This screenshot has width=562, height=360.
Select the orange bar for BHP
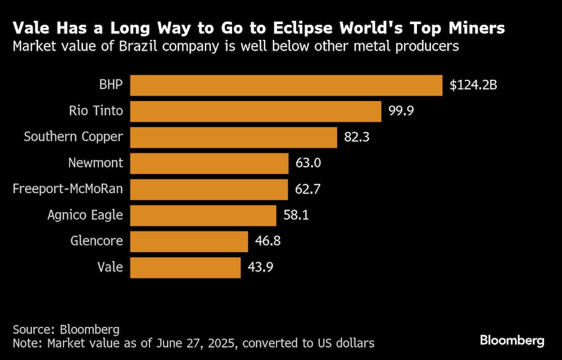287,85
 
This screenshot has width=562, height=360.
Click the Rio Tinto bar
256,111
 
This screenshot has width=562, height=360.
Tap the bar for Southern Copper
234,137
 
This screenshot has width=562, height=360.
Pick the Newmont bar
209,163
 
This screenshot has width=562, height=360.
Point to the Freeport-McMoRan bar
209,189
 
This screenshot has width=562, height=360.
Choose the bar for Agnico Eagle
203,215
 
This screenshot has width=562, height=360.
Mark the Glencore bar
189,241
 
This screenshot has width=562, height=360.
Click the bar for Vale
185,267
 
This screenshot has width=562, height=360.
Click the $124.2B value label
473,86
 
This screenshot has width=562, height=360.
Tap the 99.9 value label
401,111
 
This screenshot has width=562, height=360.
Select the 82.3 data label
356,137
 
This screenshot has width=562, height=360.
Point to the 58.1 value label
296,215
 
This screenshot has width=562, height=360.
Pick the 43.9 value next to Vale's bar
260,267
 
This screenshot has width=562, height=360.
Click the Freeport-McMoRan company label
68,189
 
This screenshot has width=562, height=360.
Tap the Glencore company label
97,241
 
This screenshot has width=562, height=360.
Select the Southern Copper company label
73,137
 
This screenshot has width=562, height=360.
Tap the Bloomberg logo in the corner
512,340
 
